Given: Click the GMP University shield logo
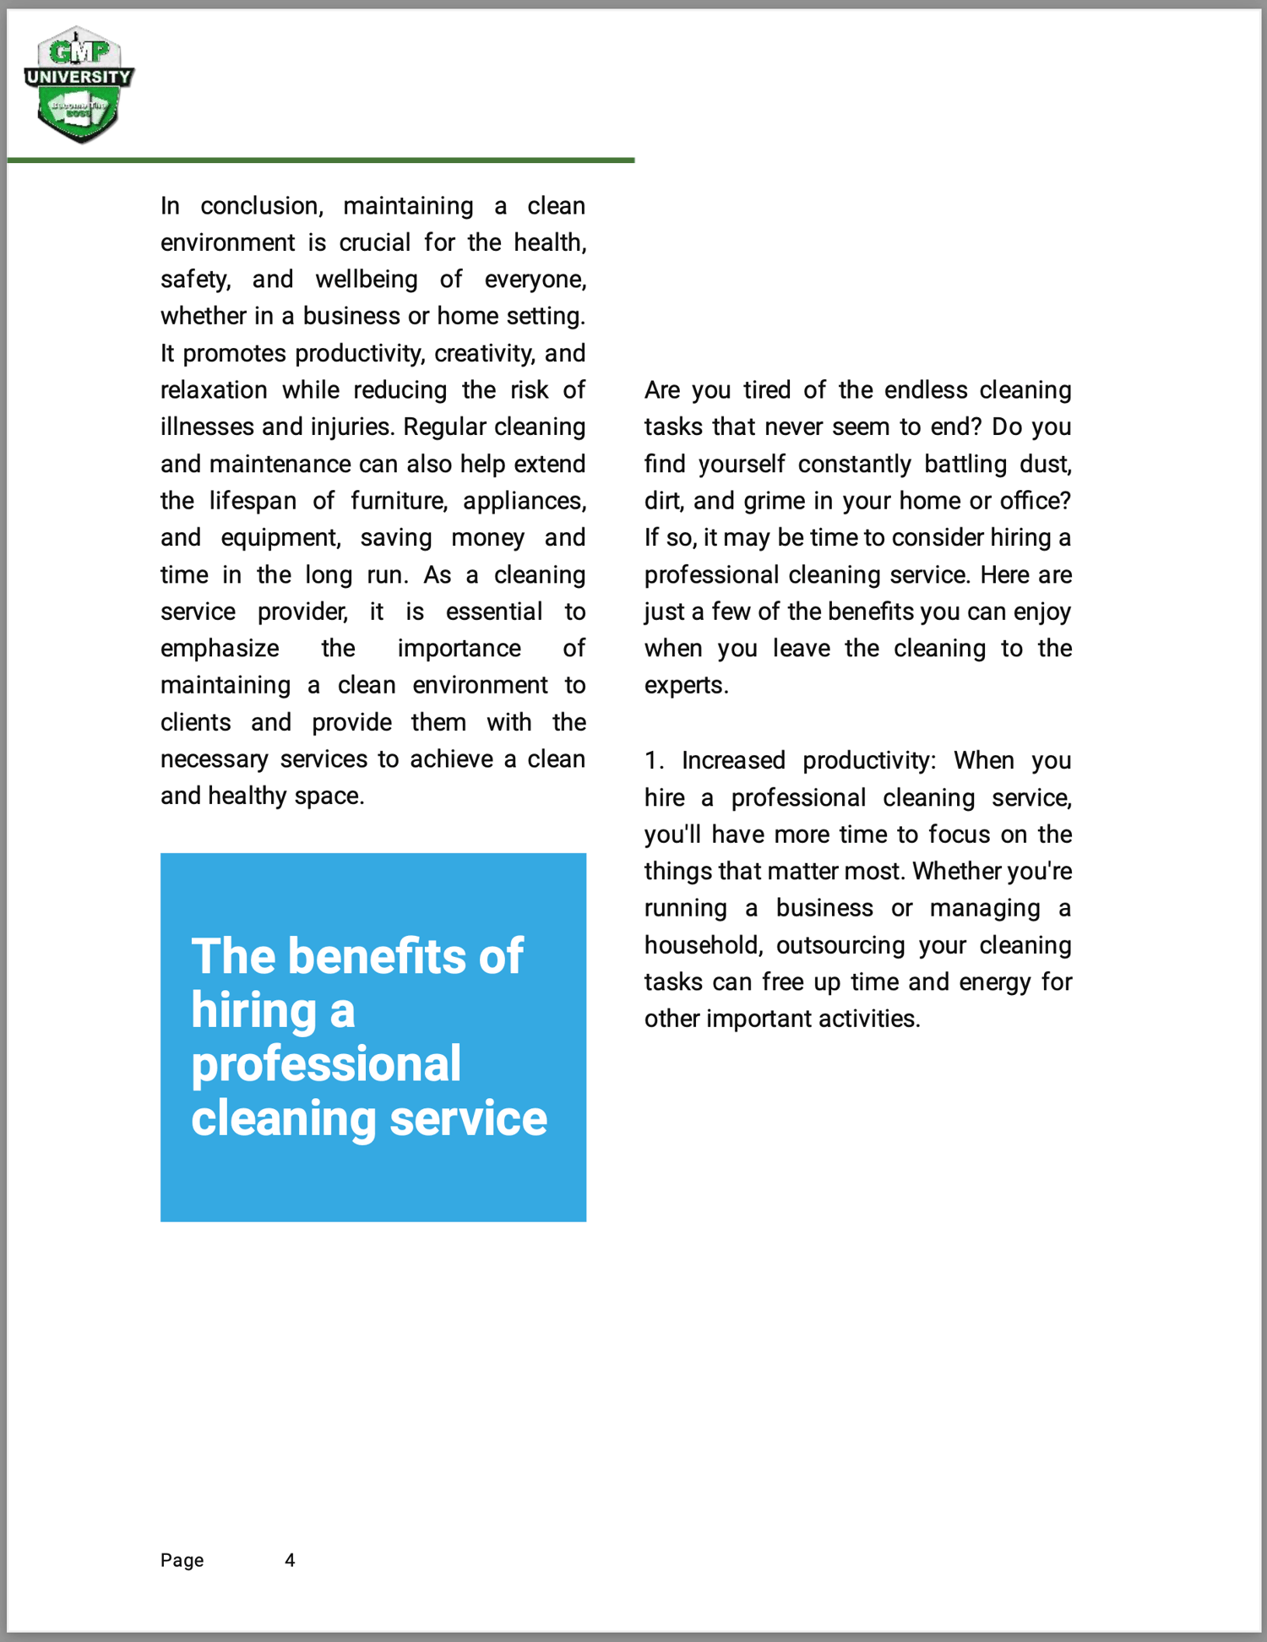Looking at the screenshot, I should coord(79,84).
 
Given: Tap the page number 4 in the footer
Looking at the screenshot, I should coord(290,1560).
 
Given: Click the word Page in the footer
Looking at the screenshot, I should coord(182,1560).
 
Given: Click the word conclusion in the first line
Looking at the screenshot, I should coord(261,206).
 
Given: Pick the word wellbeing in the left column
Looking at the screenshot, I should coord(367,280).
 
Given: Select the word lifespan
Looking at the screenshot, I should coord(253,501).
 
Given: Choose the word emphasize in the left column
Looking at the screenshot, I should coord(220,649).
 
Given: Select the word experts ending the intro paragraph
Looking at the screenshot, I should coord(685,685).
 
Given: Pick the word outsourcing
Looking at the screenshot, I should coord(840,945).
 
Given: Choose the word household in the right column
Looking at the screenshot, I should coord(703,945).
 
